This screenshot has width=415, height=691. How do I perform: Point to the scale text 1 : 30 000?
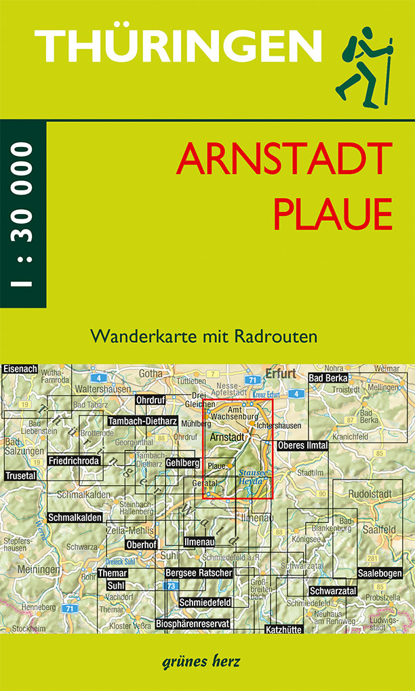[22, 215]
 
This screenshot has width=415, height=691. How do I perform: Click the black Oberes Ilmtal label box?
[302, 445]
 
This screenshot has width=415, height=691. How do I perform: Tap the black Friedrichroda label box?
[75, 461]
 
